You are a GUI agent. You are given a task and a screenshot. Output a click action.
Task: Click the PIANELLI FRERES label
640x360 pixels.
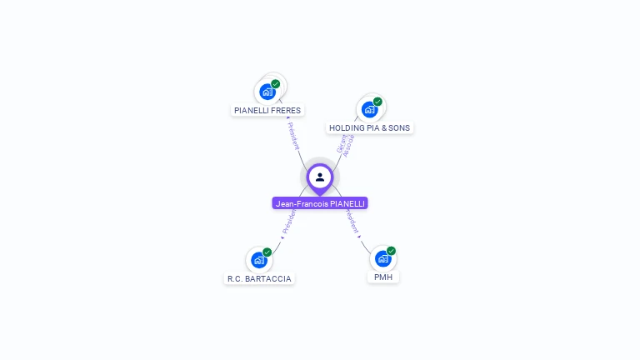[267, 110]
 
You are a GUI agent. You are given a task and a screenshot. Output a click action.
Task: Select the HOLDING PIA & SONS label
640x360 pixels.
[369, 128]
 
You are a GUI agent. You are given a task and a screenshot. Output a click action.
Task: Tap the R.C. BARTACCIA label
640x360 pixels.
[260, 278]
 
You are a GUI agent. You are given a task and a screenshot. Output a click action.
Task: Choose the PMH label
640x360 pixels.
[383, 277]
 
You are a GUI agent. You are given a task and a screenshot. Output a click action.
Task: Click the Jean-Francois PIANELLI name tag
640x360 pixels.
[320, 203]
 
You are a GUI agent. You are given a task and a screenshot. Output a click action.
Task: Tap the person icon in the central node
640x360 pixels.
[320, 177]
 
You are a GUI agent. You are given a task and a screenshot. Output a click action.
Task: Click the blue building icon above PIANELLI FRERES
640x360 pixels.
[267, 92]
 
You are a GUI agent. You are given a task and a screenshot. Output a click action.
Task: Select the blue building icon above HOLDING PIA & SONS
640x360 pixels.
[369, 109]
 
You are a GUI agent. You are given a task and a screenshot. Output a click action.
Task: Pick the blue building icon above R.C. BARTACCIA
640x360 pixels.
[258, 260]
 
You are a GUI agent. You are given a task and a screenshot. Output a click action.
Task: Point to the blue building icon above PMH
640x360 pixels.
[382, 258]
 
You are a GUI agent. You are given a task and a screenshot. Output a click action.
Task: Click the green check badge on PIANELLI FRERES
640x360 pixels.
[276, 84]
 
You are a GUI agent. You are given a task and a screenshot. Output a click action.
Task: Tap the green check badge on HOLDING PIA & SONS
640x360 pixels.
[377, 102]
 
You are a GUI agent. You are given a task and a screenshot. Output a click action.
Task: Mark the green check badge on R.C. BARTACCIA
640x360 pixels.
[267, 252]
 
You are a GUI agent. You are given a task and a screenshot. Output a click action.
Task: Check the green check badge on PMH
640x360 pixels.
[391, 251]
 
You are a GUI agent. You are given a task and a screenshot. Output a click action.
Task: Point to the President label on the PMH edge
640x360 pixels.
[352, 221]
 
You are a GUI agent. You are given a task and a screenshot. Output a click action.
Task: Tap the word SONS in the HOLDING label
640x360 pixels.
[399, 128]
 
